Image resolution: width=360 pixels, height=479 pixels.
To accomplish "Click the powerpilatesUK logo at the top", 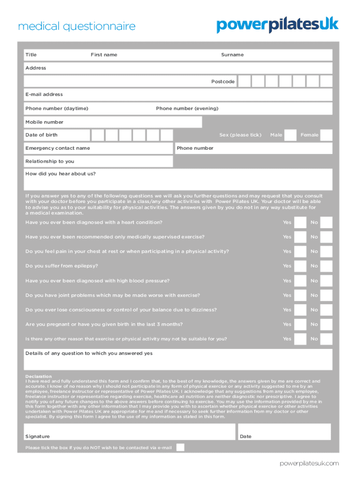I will point(277,25).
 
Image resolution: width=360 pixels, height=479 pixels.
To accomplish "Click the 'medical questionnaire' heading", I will point(77,27).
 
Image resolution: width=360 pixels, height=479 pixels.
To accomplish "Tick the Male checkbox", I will point(290,135).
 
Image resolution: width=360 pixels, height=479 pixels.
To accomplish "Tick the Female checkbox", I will point(326,135).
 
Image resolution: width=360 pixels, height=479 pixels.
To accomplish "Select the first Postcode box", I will point(244,81).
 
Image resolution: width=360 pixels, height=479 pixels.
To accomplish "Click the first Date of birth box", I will point(98,135).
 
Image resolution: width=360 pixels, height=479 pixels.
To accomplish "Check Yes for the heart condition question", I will point(300,223).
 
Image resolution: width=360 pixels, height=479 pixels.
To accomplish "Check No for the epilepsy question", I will point(326,266).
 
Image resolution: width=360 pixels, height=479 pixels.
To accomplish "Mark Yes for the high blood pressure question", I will point(300,281).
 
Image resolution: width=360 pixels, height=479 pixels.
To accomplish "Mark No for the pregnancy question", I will point(326,325).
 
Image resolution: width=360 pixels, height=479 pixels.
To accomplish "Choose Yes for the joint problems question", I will point(300,296).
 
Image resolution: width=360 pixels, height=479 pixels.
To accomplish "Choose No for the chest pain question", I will point(326,252).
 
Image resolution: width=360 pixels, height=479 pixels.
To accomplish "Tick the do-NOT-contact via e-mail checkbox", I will point(180,447).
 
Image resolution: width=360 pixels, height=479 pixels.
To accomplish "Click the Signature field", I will point(129,432).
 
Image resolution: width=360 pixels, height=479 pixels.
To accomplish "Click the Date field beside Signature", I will point(284,432).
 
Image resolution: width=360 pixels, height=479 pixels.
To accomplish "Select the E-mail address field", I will point(178,94).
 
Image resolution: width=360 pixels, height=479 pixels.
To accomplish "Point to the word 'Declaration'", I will point(38,376).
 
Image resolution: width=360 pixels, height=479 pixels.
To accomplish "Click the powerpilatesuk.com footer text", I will point(309,463).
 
